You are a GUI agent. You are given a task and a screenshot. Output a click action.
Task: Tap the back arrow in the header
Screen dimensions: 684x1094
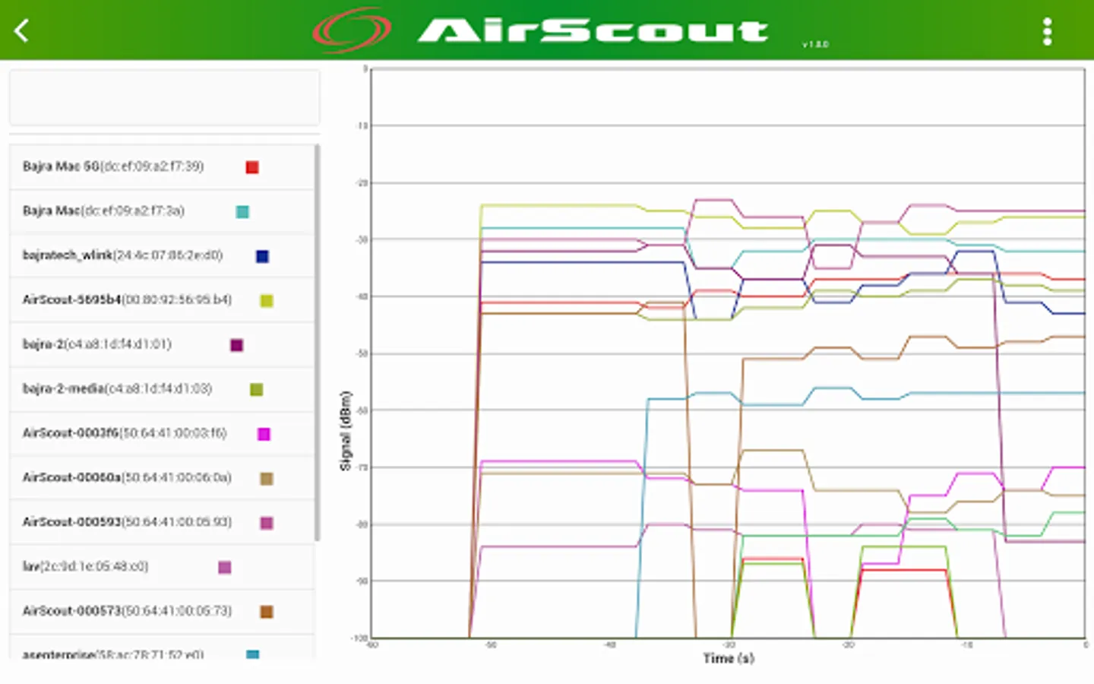[22, 31]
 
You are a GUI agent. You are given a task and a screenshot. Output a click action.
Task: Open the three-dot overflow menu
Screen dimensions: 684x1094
[1047, 31]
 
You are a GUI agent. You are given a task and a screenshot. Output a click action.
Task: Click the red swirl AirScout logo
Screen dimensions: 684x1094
[352, 30]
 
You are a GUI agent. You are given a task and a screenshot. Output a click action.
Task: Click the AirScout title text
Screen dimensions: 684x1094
[593, 30]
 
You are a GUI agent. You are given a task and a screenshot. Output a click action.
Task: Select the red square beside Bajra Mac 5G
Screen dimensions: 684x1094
[252, 167]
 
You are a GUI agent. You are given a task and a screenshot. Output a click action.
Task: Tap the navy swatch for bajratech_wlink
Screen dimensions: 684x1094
[262, 256]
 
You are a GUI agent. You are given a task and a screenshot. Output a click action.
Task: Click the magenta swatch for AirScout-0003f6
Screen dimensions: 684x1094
[264, 434]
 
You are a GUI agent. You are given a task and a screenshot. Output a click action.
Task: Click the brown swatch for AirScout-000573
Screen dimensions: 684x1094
[267, 612]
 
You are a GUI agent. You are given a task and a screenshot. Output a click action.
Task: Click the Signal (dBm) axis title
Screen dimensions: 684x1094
[346, 431]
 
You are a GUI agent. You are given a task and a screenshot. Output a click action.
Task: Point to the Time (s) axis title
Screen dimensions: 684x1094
[729, 658]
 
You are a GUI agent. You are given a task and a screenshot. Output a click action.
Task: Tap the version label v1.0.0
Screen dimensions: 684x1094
[815, 45]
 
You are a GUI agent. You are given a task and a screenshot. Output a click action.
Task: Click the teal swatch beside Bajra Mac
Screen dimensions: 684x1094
[242, 212]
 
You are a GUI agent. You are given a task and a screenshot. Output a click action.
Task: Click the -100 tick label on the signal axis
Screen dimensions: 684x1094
[359, 638]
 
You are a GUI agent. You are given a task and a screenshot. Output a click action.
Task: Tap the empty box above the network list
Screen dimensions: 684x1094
[164, 98]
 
